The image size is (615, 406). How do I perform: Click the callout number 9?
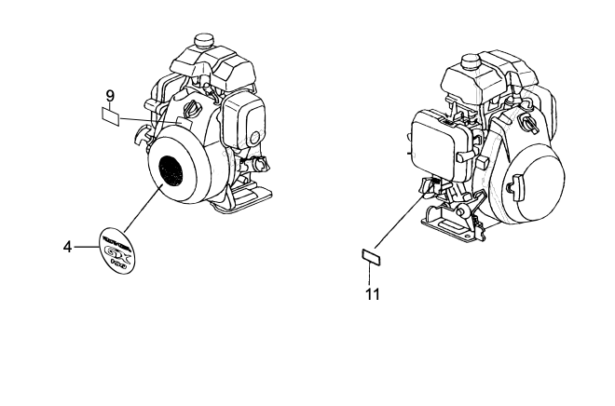click(110, 95)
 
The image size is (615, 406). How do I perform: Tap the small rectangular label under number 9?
click(110, 117)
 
